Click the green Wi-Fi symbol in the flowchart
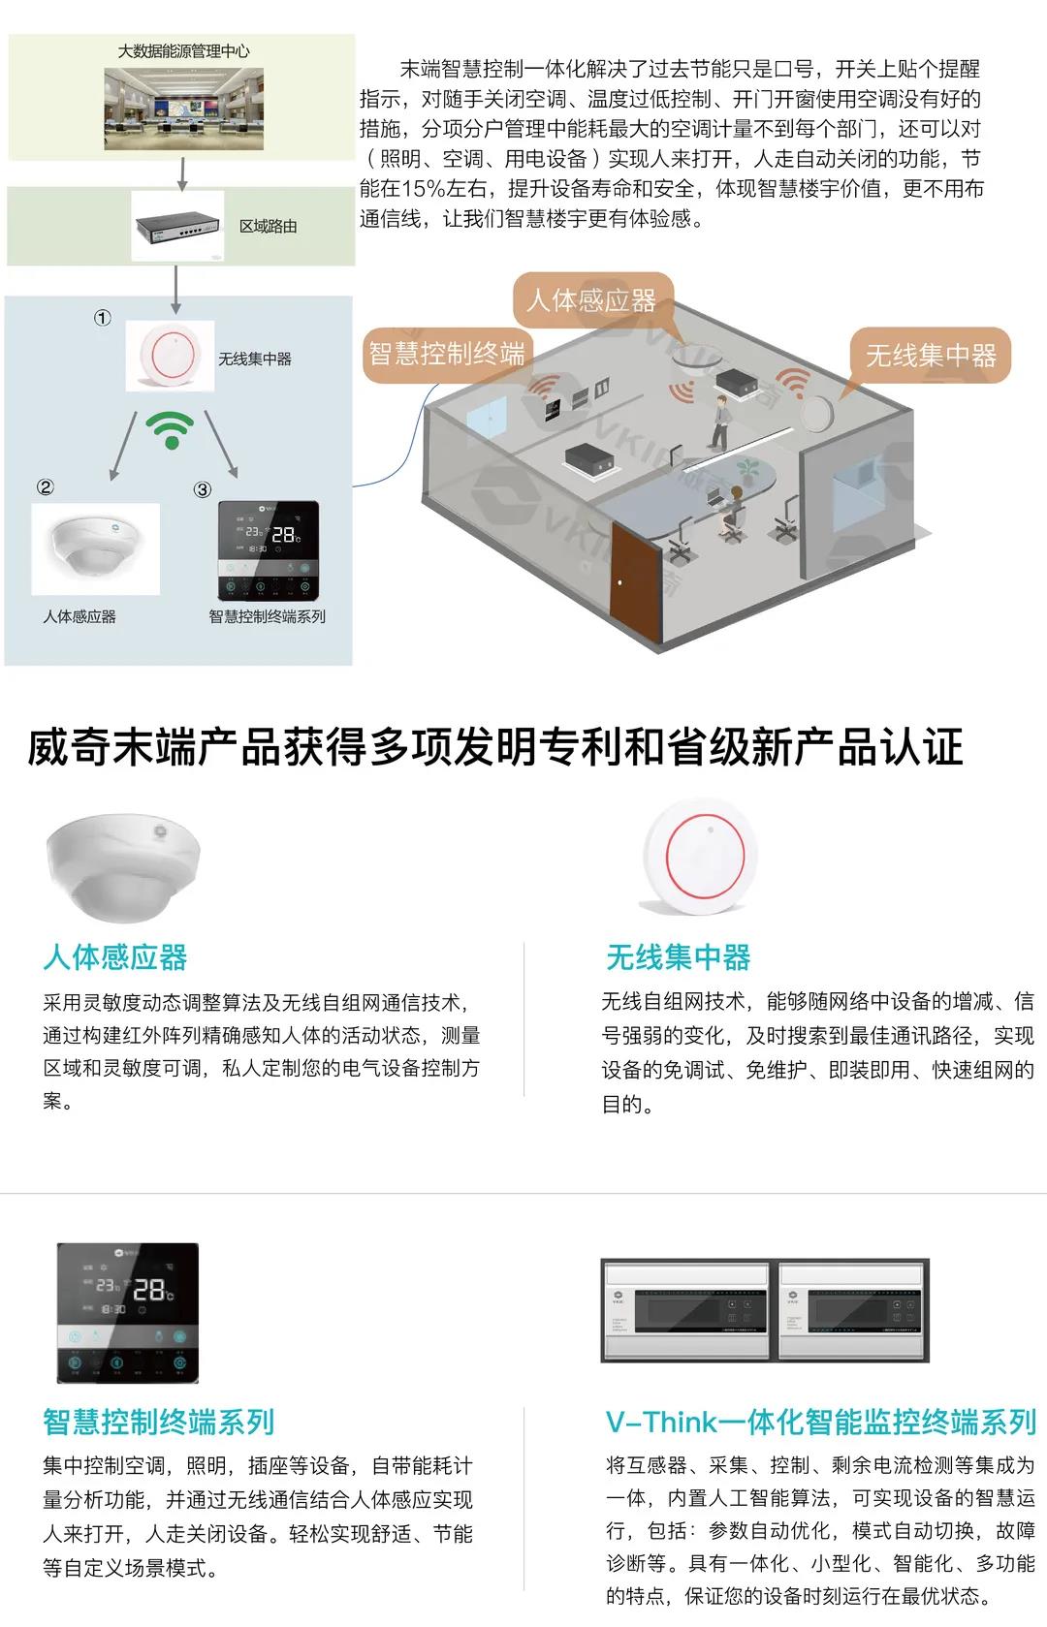(172, 428)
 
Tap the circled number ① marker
(102, 318)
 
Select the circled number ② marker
(45, 487)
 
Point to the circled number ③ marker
(202, 489)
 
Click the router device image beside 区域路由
(177, 226)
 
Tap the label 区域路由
(268, 227)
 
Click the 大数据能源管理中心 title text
(183, 51)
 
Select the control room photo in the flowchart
(183, 108)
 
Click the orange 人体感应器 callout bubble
(590, 299)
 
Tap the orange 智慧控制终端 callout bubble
(446, 353)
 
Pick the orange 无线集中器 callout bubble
(930, 356)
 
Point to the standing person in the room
(720, 421)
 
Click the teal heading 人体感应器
(115, 957)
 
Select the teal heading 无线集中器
(678, 957)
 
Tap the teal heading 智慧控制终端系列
(159, 1422)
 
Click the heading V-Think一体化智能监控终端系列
(820, 1422)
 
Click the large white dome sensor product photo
(123, 865)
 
